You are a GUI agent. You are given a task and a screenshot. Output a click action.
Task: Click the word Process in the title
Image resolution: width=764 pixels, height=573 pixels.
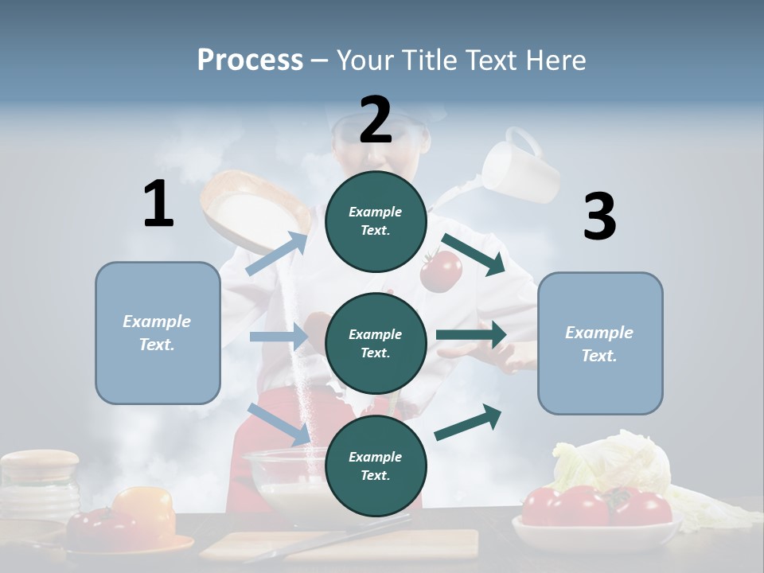point(250,60)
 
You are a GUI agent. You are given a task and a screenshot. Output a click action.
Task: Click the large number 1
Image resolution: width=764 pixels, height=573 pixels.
point(158,204)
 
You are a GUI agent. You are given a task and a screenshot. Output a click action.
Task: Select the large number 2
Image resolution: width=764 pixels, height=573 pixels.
point(376,120)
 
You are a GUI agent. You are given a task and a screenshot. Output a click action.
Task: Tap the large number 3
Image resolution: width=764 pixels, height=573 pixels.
point(599,216)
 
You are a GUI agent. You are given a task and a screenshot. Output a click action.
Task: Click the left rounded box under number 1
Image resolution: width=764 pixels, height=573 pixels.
point(158,333)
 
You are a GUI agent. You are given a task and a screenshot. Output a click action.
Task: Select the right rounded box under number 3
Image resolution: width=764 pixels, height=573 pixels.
point(600,344)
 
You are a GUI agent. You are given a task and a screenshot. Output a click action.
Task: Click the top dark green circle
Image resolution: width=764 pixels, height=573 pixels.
point(376,221)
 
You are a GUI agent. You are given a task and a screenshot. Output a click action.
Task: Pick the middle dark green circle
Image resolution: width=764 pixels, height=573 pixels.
point(376,343)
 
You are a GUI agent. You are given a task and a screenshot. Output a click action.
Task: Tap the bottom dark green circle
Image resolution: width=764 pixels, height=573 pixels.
point(376,466)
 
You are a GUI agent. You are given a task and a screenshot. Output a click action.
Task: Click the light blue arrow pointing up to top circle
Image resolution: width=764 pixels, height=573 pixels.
point(277,254)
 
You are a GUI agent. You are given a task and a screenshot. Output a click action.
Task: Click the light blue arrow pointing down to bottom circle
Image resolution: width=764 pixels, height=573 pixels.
point(279,423)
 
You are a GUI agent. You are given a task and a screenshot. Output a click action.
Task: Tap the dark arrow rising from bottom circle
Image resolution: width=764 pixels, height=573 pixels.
point(468,422)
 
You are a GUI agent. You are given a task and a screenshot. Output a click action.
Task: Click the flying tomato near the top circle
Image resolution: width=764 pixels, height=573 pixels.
point(440,271)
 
